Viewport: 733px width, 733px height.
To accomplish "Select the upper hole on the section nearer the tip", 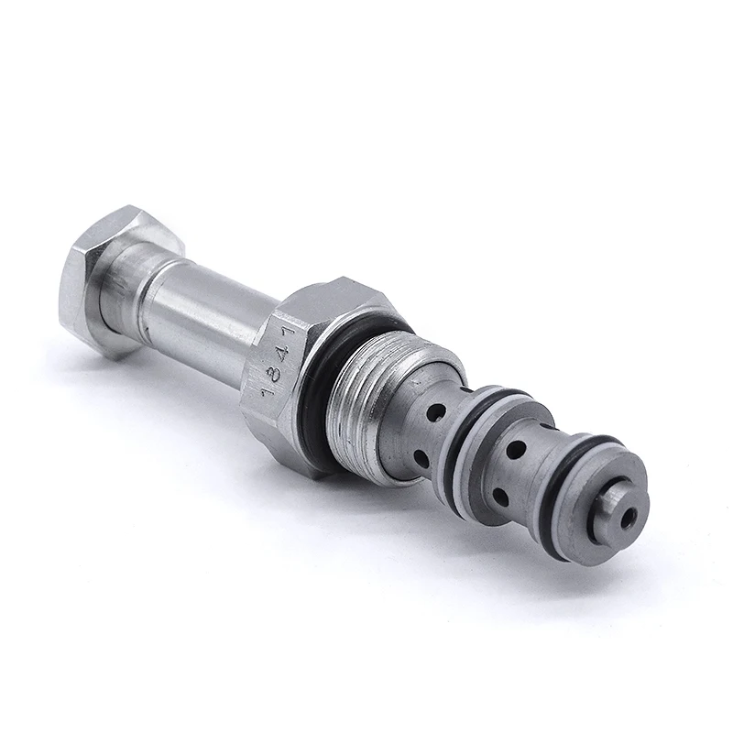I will (517, 451).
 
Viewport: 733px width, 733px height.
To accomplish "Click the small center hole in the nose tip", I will (628, 518).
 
